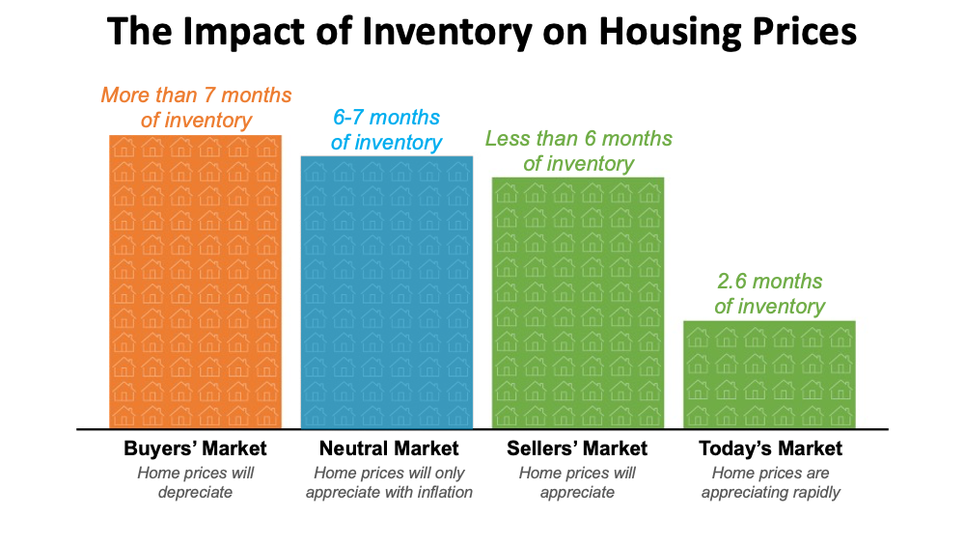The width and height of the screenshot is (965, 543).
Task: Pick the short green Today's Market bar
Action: [x=769, y=374]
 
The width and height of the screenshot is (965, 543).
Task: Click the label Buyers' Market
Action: [x=195, y=448]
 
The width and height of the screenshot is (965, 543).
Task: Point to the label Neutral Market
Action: [x=389, y=448]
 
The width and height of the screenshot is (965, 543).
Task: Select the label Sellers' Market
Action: [x=577, y=448]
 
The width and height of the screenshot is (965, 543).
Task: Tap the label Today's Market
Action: [x=770, y=448]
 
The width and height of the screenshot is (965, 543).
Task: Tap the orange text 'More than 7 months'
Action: [x=196, y=95]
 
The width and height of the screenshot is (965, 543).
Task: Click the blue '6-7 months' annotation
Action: [x=386, y=118]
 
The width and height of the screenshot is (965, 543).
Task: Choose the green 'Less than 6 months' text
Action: [x=579, y=139]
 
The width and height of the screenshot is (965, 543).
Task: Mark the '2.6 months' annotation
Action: [x=769, y=282]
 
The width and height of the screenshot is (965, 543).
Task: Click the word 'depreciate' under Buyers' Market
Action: [x=195, y=492]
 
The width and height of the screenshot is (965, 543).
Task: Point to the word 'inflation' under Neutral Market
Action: [x=438, y=492]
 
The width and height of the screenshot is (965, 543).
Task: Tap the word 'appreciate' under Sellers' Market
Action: [x=578, y=492]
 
